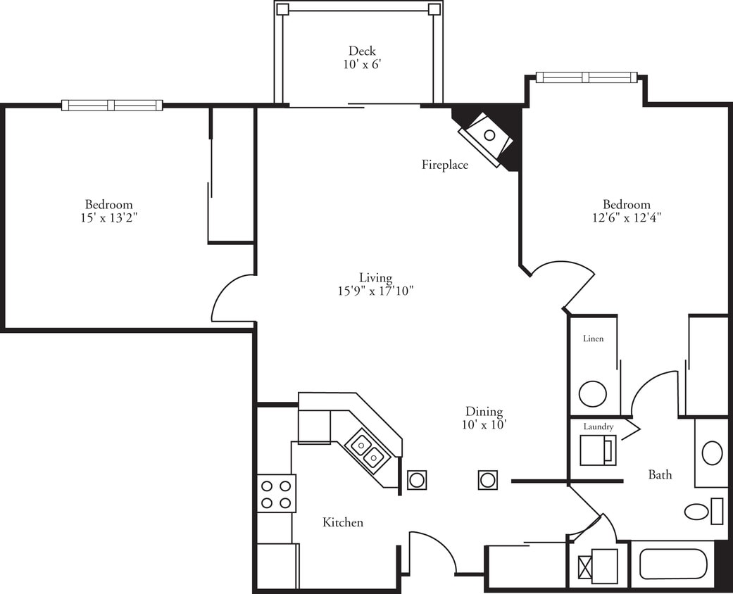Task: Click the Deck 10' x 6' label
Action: click(x=362, y=57)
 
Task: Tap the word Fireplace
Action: click(x=445, y=165)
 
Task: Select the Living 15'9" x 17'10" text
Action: click(x=375, y=284)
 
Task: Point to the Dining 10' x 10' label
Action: click(x=484, y=418)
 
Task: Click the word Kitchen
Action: click(x=343, y=522)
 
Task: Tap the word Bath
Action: click(x=660, y=475)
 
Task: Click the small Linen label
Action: click(x=593, y=339)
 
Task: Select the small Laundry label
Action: click(x=598, y=426)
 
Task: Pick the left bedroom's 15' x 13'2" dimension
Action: click(x=108, y=218)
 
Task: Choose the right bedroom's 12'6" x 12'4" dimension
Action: click(x=626, y=218)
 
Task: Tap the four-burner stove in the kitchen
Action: click(x=276, y=493)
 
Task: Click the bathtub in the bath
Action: click(x=672, y=564)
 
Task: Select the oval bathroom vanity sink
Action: click(x=712, y=453)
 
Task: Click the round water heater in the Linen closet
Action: click(x=593, y=393)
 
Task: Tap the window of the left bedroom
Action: click(x=112, y=106)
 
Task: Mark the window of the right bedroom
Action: click(x=586, y=77)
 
